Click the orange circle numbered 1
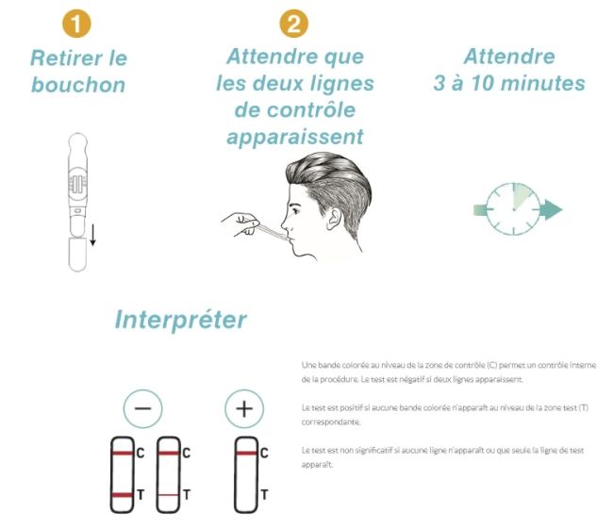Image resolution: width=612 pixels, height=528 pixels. click(x=76, y=24)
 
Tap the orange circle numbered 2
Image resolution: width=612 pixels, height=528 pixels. click(x=293, y=24)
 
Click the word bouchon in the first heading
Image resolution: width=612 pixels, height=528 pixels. click(x=78, y=85)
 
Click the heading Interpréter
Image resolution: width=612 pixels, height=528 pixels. click(x=181, y=320)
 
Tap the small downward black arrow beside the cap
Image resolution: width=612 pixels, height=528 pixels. click(x=93, y=235)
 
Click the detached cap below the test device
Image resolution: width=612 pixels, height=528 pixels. click(x=77, y=255)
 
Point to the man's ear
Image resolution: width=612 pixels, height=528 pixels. click(x=334, y=218)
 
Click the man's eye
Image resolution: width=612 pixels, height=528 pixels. click(x=295, y=211)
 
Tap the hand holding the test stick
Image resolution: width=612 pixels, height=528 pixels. click(x=241, y=224)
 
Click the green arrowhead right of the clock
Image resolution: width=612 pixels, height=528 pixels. click(x=554, y=209)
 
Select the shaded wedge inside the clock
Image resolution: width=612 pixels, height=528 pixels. click(x=521, y=196)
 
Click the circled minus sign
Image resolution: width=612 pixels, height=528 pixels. click(x=142, y=408)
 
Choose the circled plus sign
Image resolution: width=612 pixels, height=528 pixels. click(x=244, y=408)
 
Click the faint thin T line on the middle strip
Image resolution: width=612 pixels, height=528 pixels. click(x=168, y=495)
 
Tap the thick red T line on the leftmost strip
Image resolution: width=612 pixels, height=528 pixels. click(x=123, y=495)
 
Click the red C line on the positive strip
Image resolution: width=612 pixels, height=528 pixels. click(x=246, y=454)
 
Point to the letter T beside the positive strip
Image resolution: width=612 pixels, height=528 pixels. click(x=264, y=495)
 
